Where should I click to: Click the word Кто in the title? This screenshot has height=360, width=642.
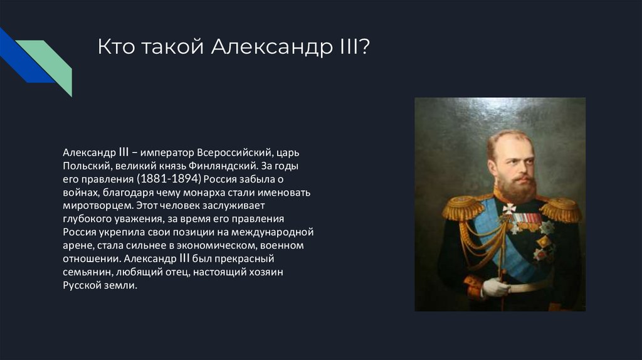tap(116, 46)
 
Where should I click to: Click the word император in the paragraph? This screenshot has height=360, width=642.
tap(167, 153)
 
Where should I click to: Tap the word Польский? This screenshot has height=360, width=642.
tap(86, 166)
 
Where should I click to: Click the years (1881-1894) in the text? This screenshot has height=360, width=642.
tap(169, 179)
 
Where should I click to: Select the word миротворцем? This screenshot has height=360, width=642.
tap(97, 206)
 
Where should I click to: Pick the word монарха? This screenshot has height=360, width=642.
tap(207, 193)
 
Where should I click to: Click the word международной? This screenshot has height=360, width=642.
tap(272, 232)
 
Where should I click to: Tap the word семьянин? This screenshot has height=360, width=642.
tap(88, 272)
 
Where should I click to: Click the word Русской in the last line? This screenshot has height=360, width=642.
tap(82, 285)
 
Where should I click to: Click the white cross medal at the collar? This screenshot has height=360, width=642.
tap(508, 208)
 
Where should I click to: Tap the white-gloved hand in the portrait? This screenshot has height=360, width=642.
tap(495, 287)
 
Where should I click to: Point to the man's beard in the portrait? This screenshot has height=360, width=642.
tap(518, 187)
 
